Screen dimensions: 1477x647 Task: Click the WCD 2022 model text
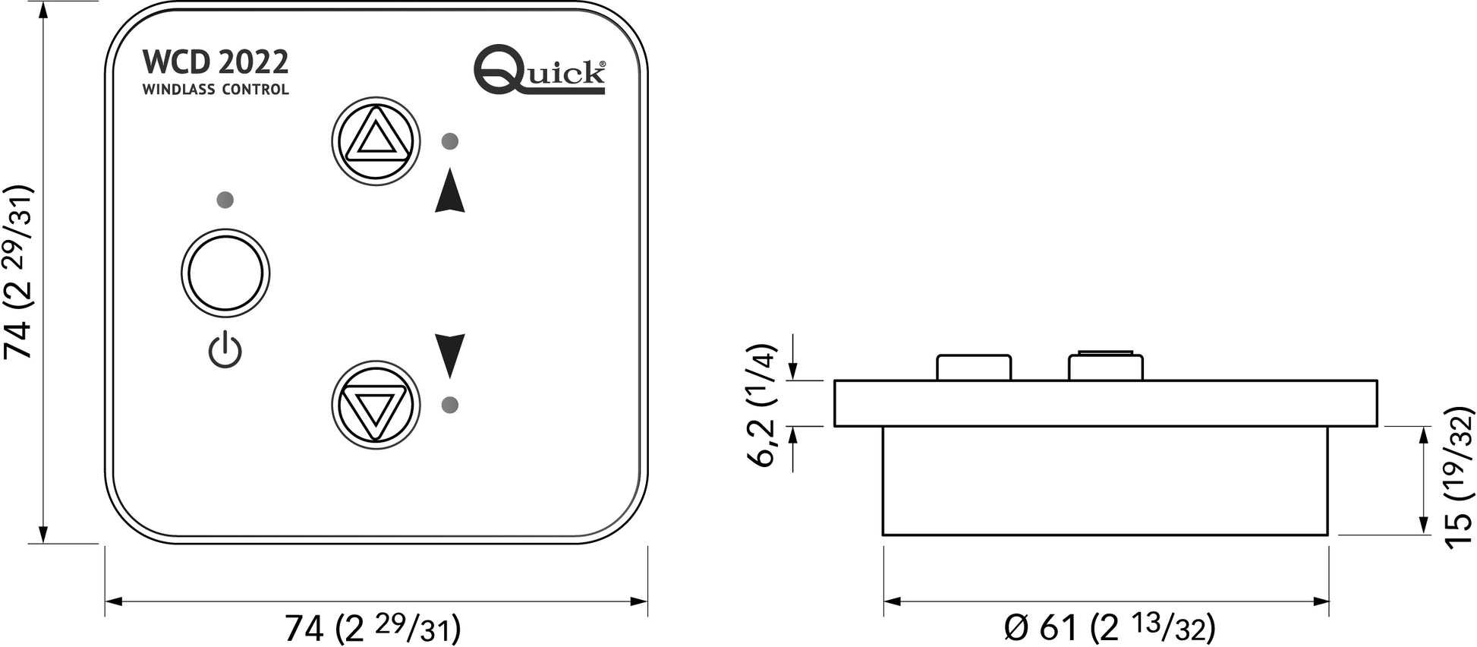(216, 62)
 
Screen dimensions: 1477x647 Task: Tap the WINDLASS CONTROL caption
(216, 90)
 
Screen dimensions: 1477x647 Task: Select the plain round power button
(225, 273)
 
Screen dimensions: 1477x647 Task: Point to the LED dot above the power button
(225, 200)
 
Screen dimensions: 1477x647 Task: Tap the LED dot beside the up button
(450, 140)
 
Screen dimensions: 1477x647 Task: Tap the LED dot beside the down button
(450, 405)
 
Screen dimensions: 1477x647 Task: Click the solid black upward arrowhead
(450, 191)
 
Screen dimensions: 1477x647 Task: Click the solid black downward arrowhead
(450, 355)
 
